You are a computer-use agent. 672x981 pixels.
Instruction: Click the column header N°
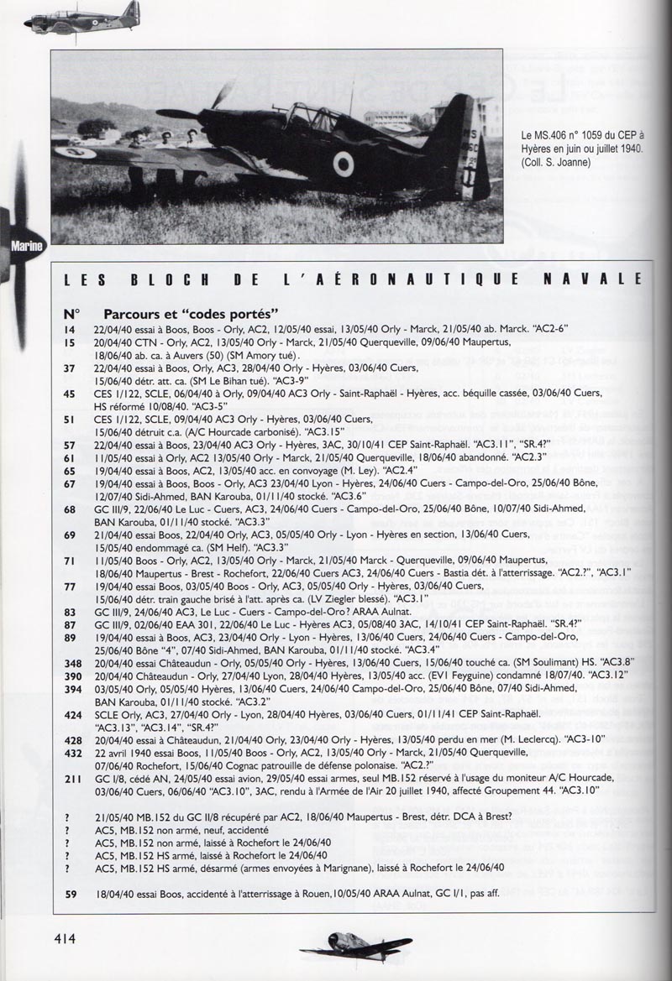coord(71,313)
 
